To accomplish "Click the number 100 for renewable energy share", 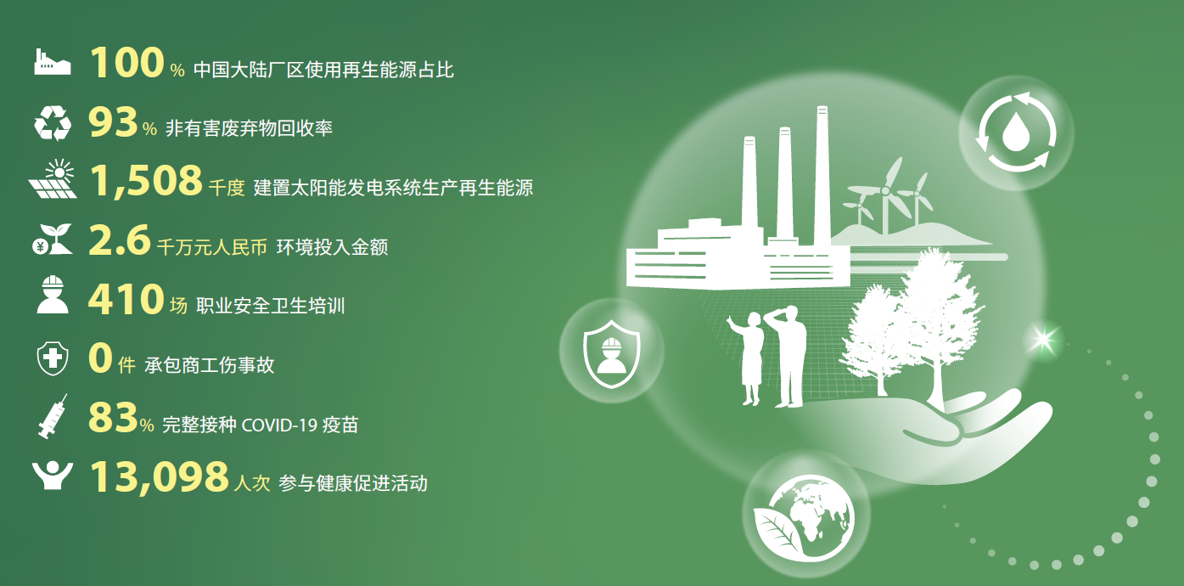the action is (x=126, y=62).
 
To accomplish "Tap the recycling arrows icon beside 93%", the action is (x=53, y=122).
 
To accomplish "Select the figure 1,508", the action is (x=147, y=181).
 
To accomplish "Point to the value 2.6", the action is (x=120, y=240).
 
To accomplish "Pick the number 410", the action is (x=126, y=299).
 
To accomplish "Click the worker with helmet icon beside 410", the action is (x=53, y=295).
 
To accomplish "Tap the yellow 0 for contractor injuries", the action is (x=100, y=358).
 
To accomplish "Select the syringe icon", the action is (x=53, y=416).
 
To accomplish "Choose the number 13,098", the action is (x=160, y=476).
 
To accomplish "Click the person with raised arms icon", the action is (x=53, y=476).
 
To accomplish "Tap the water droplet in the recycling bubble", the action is (x=1016, y=132).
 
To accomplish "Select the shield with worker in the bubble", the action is (x=612, y=353).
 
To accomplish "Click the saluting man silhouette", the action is (x=787, y=357).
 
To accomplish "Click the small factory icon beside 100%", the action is (x=53, y=62).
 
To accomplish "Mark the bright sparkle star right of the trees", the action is (x=1044, y=339).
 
